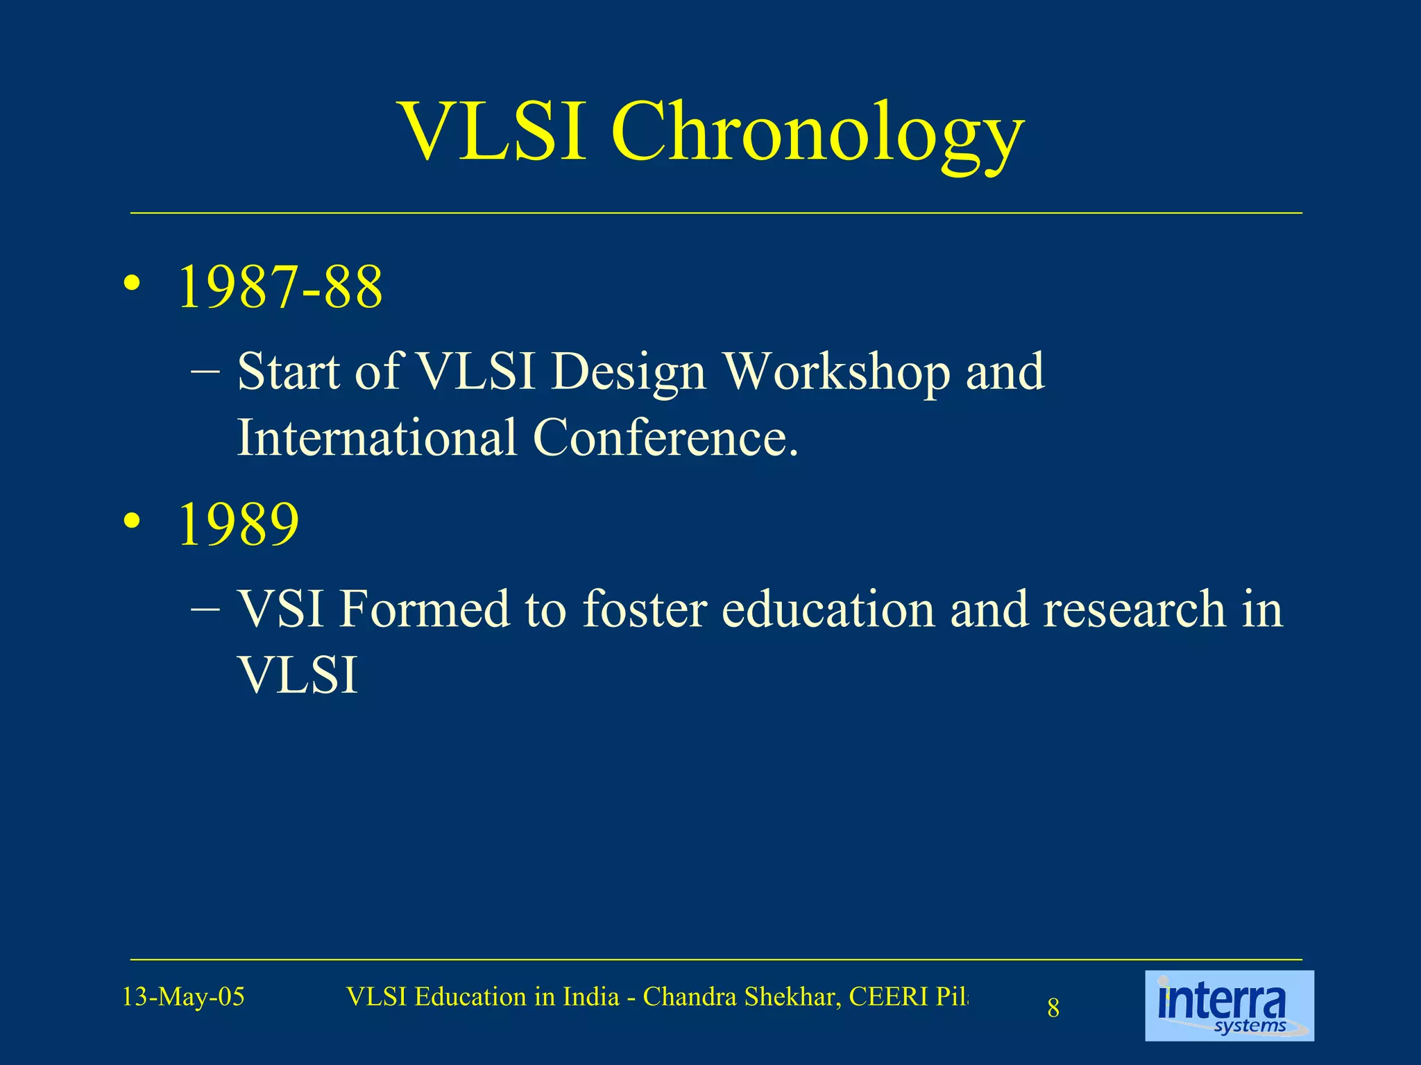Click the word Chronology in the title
point(817,133)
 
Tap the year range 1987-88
point(280,287)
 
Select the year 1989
point(239,524)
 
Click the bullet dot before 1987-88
point(132,286)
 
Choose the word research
point(1134,609)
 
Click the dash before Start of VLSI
point(205,372)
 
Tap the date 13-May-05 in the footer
point(183,997)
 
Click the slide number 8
point(1053,1008)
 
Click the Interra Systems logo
point(1229,1005)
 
